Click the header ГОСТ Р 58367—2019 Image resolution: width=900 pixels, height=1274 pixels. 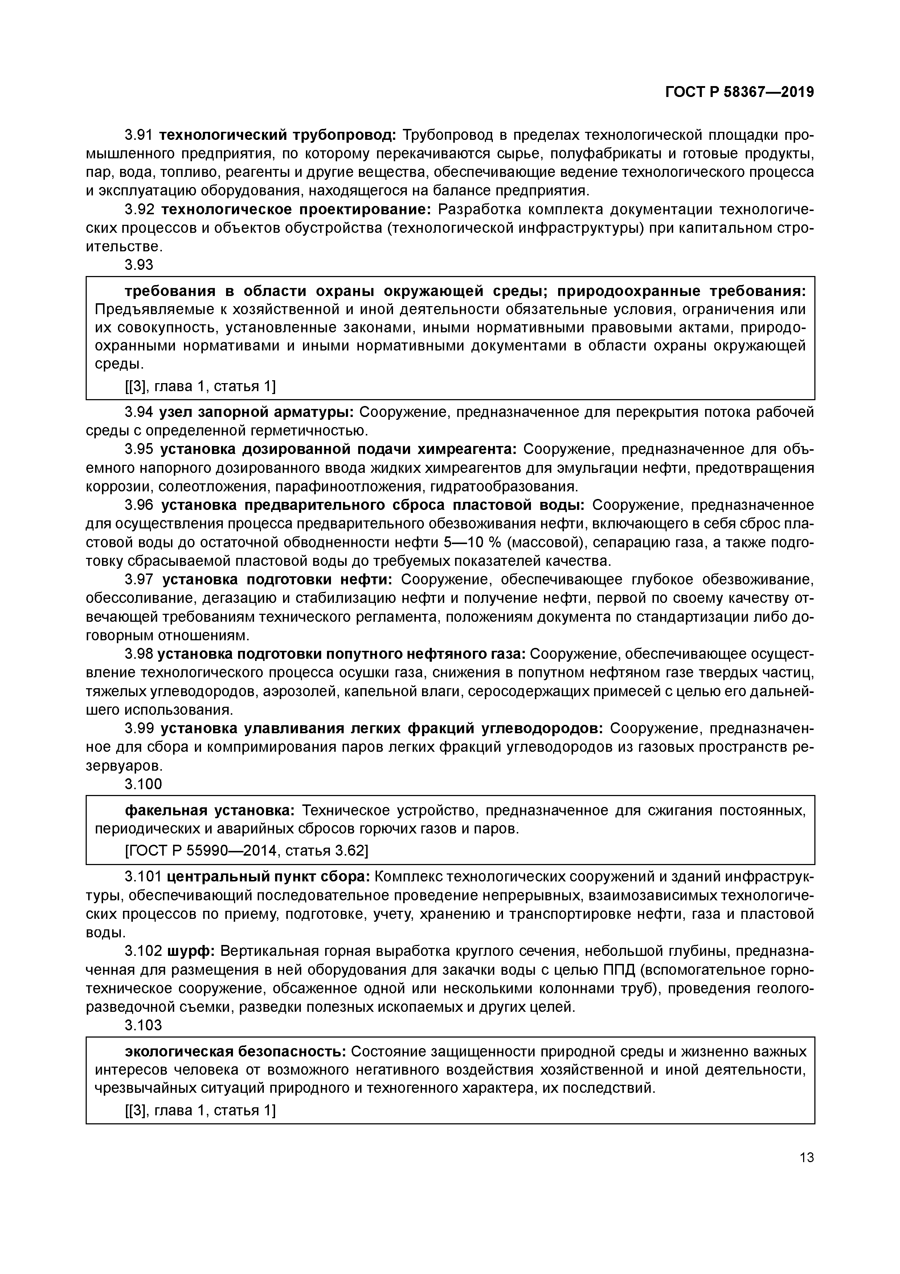739,92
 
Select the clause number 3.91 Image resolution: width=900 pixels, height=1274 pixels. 139,135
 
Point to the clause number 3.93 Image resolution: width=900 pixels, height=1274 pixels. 139,265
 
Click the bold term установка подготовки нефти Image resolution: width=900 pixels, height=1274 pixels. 277,579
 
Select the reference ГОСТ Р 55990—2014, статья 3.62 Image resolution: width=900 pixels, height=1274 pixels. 247,850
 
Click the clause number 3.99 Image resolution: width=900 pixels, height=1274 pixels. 139,728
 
